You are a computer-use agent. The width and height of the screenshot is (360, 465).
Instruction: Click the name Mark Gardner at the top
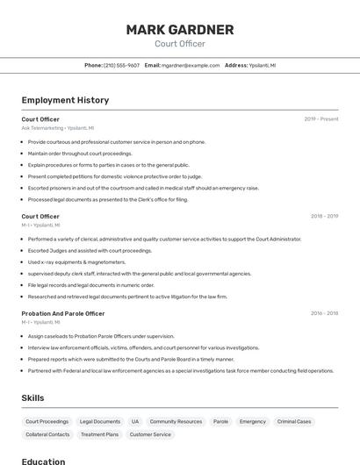coord(179,30)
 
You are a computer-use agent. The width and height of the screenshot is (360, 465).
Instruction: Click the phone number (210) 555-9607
coord(121,66)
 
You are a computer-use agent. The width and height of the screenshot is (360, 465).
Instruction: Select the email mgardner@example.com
coord(190,66)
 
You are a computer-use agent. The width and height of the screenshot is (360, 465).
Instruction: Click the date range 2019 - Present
coord(320,119)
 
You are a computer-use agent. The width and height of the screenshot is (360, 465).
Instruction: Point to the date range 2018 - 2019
coord(324,217)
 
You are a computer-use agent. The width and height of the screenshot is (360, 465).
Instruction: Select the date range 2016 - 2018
coord(324,313)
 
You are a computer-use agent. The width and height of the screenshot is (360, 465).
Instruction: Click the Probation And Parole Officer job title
coord(63,313)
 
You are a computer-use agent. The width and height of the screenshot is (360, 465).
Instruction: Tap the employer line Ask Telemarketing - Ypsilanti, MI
coord(58,128)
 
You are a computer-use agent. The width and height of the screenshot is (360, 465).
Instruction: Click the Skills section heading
coord(32,398)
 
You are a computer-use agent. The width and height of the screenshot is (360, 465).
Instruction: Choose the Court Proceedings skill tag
coord(47,422)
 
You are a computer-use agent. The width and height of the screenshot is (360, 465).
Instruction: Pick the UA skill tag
coord(135,422)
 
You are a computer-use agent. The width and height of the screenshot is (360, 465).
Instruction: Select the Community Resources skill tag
coord(176,422)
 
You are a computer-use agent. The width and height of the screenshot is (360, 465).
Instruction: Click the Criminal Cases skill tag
coord(294,422)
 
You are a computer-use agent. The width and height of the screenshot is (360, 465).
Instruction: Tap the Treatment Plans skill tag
coord(99,434)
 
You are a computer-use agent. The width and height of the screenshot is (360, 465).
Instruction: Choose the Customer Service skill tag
coord(150,434)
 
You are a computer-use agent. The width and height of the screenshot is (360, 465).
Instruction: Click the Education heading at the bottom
coord(43,461)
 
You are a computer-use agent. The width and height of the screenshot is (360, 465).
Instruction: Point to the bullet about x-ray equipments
coord(76,262)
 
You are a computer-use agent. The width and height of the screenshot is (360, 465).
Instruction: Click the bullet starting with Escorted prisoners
coord(143,188)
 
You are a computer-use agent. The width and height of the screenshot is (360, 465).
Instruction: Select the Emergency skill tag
coord(252,422)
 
